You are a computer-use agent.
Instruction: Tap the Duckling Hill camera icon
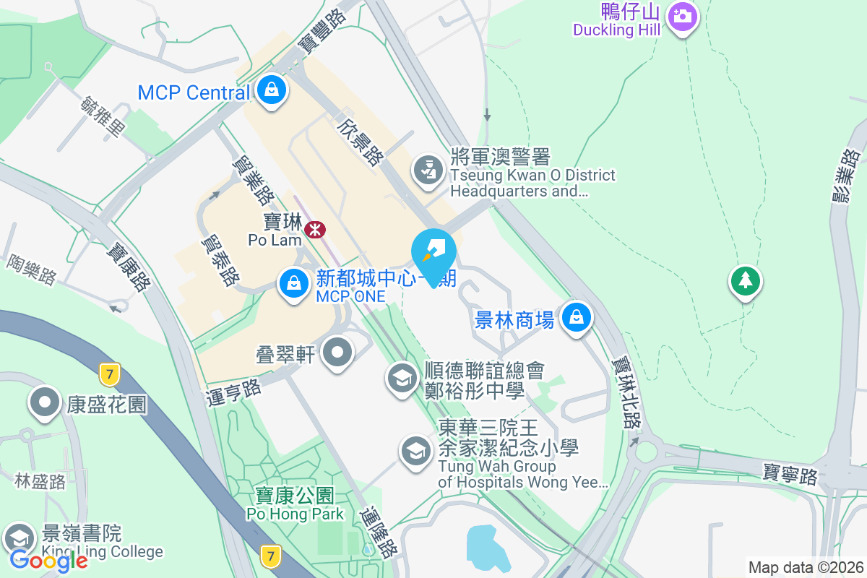(x=682, y=16)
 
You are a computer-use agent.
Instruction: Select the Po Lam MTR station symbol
(x=314, y=230)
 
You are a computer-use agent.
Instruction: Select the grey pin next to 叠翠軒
(x=337, y=353)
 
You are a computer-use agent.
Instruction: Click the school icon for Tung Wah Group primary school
(x=415, y=451)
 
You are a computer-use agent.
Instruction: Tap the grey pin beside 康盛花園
(x=44, y=402)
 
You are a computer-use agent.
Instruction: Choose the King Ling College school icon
(x=19, y=538)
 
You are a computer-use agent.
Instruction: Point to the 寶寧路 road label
(x=790, y=475)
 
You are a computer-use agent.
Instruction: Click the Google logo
(x=48, y=560)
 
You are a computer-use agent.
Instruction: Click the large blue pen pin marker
(x=433, y=252)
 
